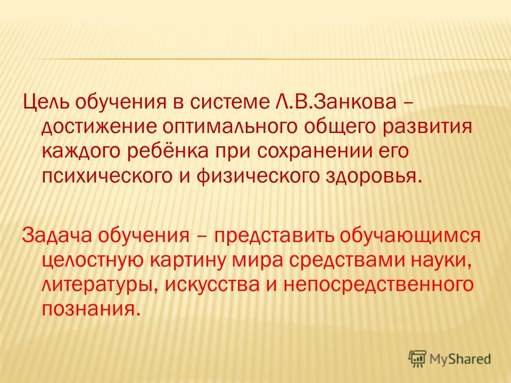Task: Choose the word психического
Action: click(x=107, y=176)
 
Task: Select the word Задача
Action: click(x=57, y=235)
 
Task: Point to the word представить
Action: click(x=274, y=236)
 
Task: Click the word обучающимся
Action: click(x=410, y=236)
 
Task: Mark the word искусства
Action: click(x=212, y=285)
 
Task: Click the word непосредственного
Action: click(x=378, y=285)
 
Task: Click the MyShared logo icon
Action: click(x=417, y=359)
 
